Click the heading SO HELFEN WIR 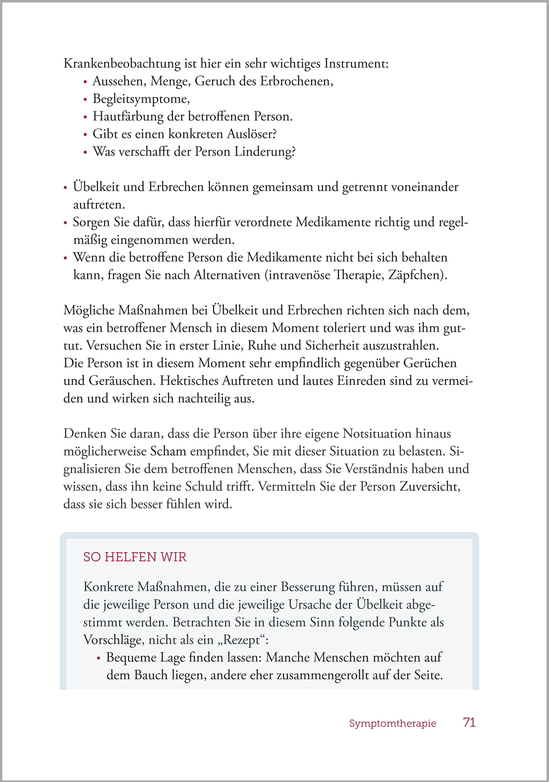click(x=135, y=557)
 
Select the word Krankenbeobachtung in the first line click(x=122, y=64)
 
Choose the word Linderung click(x=265, y=152)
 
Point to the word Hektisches click(x=189, y=381)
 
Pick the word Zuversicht click(x=430, y=487)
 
